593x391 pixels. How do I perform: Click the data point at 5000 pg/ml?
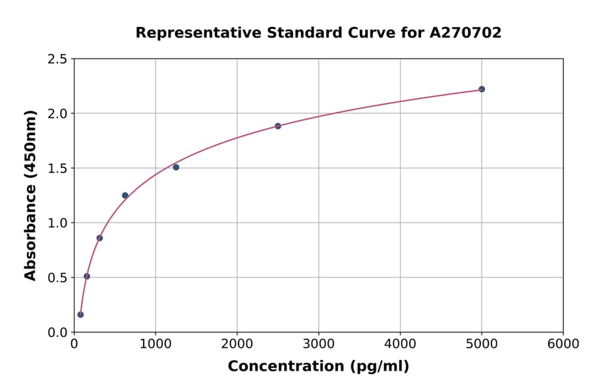tap(482, 89)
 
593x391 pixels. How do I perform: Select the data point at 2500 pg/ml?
tap(278, 126)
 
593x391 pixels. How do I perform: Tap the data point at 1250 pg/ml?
tap(176, 167)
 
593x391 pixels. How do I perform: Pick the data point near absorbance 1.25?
tap(125, 195)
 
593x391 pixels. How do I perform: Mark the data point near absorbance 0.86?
tap(99, 238)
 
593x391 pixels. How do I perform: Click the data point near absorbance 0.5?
tap(87, 276)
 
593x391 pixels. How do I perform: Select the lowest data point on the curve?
tap(80, 315)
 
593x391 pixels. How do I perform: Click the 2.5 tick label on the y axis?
tap(58, 59)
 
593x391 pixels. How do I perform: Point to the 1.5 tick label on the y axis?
tap(58, 169)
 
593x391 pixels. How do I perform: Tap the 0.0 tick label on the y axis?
tap(58, 332)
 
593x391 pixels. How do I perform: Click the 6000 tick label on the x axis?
tap(563, 344)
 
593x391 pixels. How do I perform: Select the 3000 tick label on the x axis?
tap(318, 344)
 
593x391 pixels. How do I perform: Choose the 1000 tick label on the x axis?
tap(155, 344)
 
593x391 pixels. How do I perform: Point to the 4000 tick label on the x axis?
tap(400, 344)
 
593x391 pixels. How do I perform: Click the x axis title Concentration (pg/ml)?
tap(318, 367)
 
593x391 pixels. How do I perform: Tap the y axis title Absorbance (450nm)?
tap(30, 195)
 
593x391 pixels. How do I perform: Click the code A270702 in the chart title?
tap(465, 33)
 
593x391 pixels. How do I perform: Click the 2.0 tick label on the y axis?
tap(58, 114)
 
